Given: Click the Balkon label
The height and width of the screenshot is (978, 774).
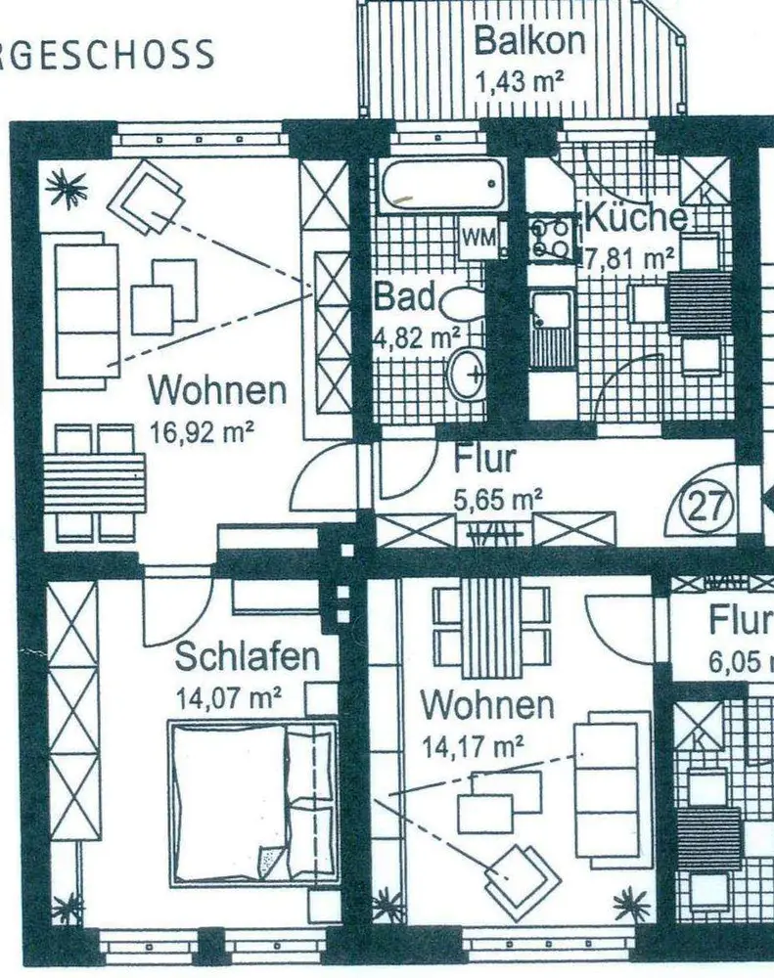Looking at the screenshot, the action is [x=528, y=42].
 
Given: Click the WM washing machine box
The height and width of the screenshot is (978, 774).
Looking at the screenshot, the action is [x=479, y=238].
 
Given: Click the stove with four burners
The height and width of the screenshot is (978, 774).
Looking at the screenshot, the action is [x=552, y=239].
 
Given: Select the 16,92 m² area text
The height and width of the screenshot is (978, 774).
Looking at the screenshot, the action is [x=204, y=430].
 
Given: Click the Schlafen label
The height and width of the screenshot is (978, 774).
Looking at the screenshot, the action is [x=247, y=656].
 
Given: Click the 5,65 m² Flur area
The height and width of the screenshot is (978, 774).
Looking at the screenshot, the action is [x=497, y=499].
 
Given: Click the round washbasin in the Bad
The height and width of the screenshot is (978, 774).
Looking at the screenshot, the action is [x=468, y=374].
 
